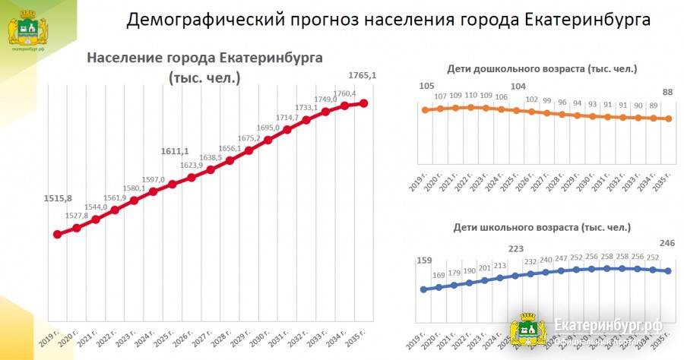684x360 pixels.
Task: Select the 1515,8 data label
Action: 58,199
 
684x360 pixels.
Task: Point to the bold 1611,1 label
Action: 175,151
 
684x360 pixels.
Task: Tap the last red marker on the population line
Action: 363,103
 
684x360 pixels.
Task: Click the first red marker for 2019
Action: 58,234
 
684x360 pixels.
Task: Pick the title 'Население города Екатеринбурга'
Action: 204,58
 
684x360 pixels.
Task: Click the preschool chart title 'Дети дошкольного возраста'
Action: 541,69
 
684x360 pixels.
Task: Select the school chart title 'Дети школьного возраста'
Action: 542,227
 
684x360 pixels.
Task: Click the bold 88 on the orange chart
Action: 669,93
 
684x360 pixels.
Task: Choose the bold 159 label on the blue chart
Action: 425,262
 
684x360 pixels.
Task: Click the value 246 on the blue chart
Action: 667,244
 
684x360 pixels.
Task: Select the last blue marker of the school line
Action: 669,271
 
